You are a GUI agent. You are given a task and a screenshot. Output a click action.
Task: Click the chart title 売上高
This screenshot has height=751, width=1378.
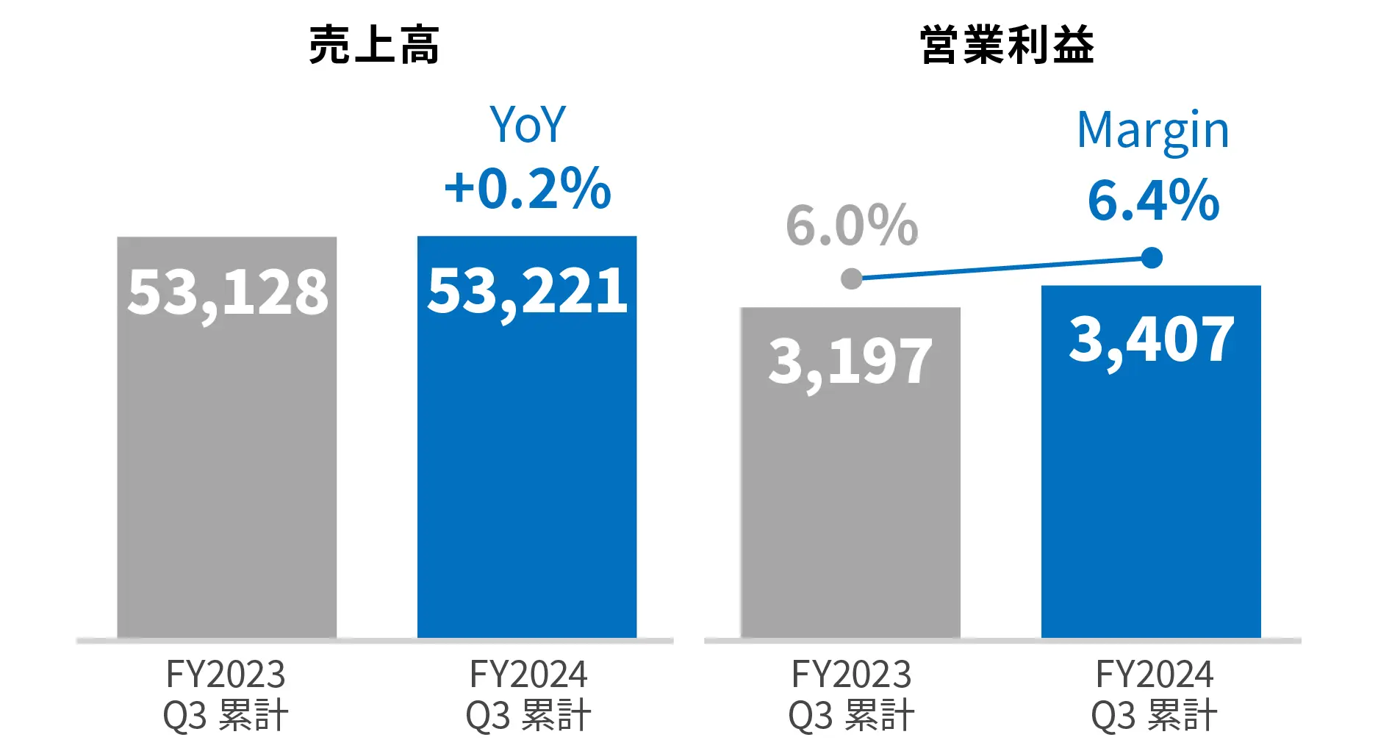click(374, 46)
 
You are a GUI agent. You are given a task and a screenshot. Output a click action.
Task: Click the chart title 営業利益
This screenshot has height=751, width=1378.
click(1007, 46)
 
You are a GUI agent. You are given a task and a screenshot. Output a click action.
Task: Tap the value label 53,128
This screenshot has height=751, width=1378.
click(228, 292)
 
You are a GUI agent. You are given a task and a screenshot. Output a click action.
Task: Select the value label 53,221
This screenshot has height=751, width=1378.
click(528, 291)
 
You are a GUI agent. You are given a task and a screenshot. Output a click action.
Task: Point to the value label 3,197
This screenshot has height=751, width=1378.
click(850, 362)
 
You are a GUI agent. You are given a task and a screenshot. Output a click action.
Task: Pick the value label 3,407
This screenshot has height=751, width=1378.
click(1151, 339)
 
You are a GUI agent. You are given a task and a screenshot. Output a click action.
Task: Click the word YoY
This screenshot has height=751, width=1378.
click(528, 125)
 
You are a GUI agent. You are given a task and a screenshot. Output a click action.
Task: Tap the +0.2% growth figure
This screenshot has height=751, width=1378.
click(528, 188)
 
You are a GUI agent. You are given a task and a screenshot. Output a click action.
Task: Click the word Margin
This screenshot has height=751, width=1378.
click(1152, 131)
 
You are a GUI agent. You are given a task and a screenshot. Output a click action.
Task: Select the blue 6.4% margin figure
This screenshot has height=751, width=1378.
click(1153, 200)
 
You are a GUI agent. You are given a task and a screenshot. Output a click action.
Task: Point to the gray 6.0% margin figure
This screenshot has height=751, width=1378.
click(852, 225)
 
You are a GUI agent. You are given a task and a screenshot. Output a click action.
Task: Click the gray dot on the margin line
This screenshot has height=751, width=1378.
click(851, 279)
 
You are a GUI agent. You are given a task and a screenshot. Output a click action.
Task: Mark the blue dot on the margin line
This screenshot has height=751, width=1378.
click(1152, 258)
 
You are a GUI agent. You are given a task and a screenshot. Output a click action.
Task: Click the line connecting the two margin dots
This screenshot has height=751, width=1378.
click(1001, 268)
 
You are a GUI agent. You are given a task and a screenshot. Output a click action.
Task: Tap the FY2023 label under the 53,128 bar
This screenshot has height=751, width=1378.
click(226, 674)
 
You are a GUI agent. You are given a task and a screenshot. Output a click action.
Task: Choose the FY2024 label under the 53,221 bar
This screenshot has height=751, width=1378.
click(528, 674)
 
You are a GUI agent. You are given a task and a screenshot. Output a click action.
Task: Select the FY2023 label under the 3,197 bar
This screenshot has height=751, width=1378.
click(851, 674)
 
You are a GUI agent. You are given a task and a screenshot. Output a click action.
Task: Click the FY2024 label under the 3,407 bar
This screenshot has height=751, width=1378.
click(1154, 674)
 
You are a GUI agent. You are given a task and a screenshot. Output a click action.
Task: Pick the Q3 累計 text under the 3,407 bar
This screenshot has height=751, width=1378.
click(1154, 715)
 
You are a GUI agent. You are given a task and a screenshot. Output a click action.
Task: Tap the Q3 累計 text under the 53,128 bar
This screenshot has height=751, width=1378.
click(226, 715)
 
